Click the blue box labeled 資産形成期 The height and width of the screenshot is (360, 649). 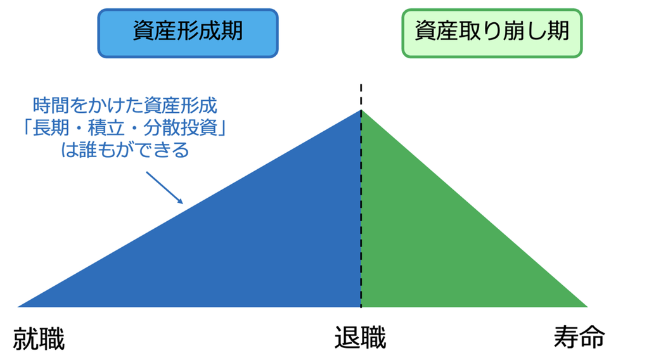188,33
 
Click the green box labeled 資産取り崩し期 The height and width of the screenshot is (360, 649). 492,33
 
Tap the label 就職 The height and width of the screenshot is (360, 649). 39,338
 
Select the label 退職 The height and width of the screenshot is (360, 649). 360,338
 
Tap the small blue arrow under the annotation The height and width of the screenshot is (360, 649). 164,188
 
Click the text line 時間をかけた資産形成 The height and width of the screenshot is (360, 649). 125,106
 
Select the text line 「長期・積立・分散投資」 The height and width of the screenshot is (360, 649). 125,127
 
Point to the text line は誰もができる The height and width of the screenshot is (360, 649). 125,150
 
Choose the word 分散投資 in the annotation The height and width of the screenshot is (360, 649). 181,127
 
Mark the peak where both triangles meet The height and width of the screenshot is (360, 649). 361,110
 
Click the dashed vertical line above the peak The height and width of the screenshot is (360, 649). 361,97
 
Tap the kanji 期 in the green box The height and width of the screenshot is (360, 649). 559,31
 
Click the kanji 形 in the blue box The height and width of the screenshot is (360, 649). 188,31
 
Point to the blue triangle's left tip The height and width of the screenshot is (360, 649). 18,307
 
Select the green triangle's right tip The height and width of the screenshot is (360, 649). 588,307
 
